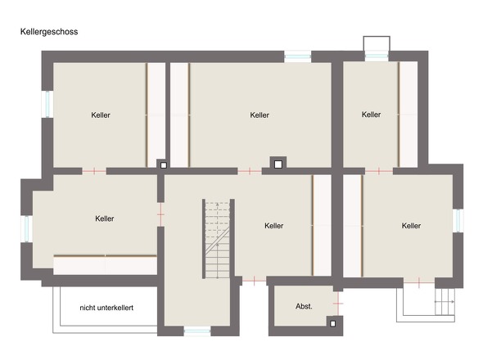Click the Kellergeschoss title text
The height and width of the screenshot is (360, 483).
tap(49, 32)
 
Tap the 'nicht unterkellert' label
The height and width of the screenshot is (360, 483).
tap(106, 308)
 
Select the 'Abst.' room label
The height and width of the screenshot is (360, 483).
tap(304, 307)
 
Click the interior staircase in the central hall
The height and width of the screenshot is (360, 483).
tap(218, 239)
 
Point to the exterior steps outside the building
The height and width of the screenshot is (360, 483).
tap(445, 301)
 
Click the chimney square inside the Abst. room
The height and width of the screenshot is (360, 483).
tap(332, 324)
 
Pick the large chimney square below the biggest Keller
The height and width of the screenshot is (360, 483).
tap(278, 164)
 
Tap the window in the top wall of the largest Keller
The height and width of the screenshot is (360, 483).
tap(297, 56)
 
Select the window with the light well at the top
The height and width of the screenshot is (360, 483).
tap(377, 56)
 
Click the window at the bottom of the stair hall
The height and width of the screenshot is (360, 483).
tap(197, 332)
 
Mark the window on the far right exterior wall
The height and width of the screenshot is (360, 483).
tap(458, 220)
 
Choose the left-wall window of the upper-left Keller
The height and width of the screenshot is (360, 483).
tap(47, 104)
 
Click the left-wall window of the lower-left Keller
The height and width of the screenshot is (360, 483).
tap(27, 229)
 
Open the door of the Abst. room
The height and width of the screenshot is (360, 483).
tap(338, 304)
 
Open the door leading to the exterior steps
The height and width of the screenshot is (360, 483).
tap(419, 282)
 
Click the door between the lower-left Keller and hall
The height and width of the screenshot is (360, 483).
tap(160, 214)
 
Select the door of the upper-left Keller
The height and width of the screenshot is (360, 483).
tap(94, 171)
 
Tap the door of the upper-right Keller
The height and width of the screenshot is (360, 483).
tap(379, 171)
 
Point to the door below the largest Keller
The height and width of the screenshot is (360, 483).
tap(250, 171)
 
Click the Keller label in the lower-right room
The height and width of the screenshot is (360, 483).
tap(411, 226)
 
